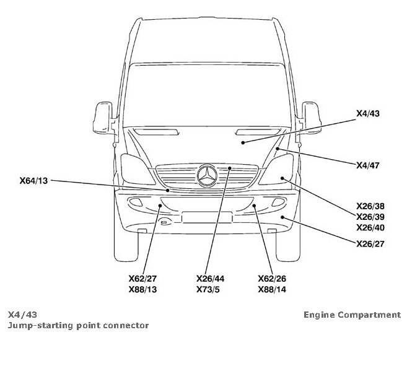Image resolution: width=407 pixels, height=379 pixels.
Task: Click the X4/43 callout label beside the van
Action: [x=369, y=115]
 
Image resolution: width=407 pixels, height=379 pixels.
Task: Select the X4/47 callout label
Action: [x=369, y=165]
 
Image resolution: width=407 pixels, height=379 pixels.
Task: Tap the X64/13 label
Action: [x=33, y=181]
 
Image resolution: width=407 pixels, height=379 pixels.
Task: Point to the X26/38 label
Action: [x=370, y=206]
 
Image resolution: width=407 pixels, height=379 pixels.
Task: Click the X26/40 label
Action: [x=370, y=227]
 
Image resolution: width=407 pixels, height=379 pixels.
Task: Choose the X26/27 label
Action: [x=370, y=243]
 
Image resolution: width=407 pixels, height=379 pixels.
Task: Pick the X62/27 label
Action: [x=142, y=278]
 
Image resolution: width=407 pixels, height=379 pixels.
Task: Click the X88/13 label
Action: [x=142, y=289]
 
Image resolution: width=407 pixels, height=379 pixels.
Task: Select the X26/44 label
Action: [x=210, y=278]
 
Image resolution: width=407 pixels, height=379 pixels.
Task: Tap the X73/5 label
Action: [x=208, y=289]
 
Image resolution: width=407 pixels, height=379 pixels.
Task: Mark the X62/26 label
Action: [x=271, y=278]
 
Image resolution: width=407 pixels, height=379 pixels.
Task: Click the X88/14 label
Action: [x=271, y=289]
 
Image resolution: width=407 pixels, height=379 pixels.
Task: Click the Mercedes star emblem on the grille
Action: [x=207, y=175]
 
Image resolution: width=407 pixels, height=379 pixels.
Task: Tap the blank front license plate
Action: [x=207, y=217]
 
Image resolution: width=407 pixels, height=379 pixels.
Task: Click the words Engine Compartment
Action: [x=352, y=315]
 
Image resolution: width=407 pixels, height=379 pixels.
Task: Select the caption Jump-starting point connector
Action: [x=78, y=325]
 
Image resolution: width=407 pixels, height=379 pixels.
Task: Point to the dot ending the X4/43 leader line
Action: [x=243, y=143]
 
